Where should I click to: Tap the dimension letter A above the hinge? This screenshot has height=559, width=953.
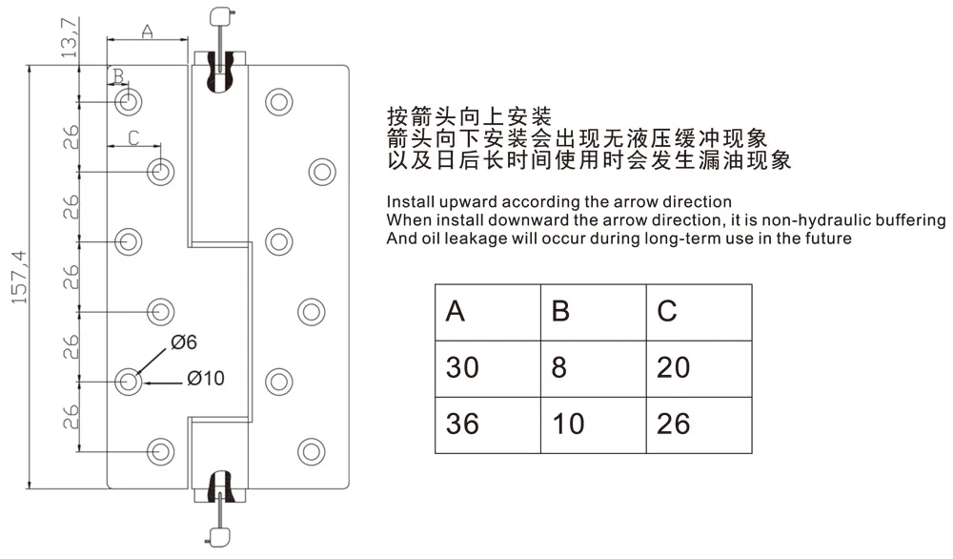(148, 31)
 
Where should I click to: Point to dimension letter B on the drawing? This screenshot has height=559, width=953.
(116, 75)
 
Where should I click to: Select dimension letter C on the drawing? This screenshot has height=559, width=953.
(133, 137)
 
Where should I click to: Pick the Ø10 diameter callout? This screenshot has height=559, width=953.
(206, 379)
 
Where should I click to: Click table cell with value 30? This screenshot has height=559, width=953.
(463, 367)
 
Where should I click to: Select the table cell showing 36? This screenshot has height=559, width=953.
(463, 424)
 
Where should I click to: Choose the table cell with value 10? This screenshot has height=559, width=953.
(568, 424)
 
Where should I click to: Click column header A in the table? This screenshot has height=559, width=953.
(456, 312)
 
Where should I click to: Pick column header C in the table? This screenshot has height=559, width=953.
(667, 312)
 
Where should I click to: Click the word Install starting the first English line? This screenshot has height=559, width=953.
(409, 202)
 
